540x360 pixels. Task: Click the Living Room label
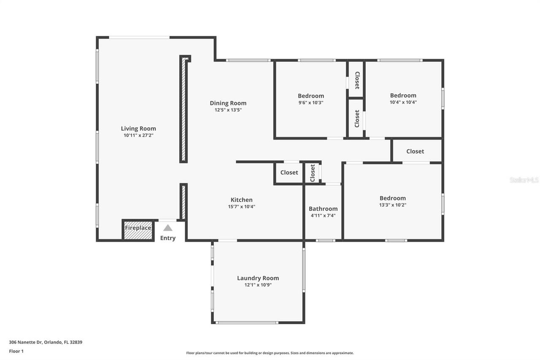(x=138, y=129)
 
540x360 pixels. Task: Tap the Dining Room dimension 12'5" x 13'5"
(x=228, y=110)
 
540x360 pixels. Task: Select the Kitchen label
(x=241, y=200)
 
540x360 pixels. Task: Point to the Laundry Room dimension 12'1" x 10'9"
(x=258, y=285)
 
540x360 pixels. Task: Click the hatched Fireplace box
(x=138, y=230)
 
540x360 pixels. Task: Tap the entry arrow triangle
(x=168, y=228)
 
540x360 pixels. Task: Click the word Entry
(x=168, y=238)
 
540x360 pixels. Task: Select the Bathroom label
(x=323, y=208)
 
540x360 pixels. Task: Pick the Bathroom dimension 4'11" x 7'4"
(x=323, y=216)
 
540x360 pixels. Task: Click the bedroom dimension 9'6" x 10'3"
(x=311, y=103)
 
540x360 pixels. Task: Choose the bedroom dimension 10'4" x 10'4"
(x=403, y=102)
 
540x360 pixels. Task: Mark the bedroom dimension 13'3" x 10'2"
(x=393, y=205)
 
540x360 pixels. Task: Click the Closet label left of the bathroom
(x=289, y=172)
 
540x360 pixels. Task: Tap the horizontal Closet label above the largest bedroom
(x=415, y=151)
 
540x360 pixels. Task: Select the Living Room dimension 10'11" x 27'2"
(x=138, y=135)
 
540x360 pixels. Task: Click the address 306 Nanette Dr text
(x=46, y=342)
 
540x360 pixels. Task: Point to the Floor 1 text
(x=16, y=351)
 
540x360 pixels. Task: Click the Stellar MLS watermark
(x=524, y=180)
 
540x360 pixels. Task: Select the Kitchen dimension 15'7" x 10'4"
(x=241, y=207)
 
